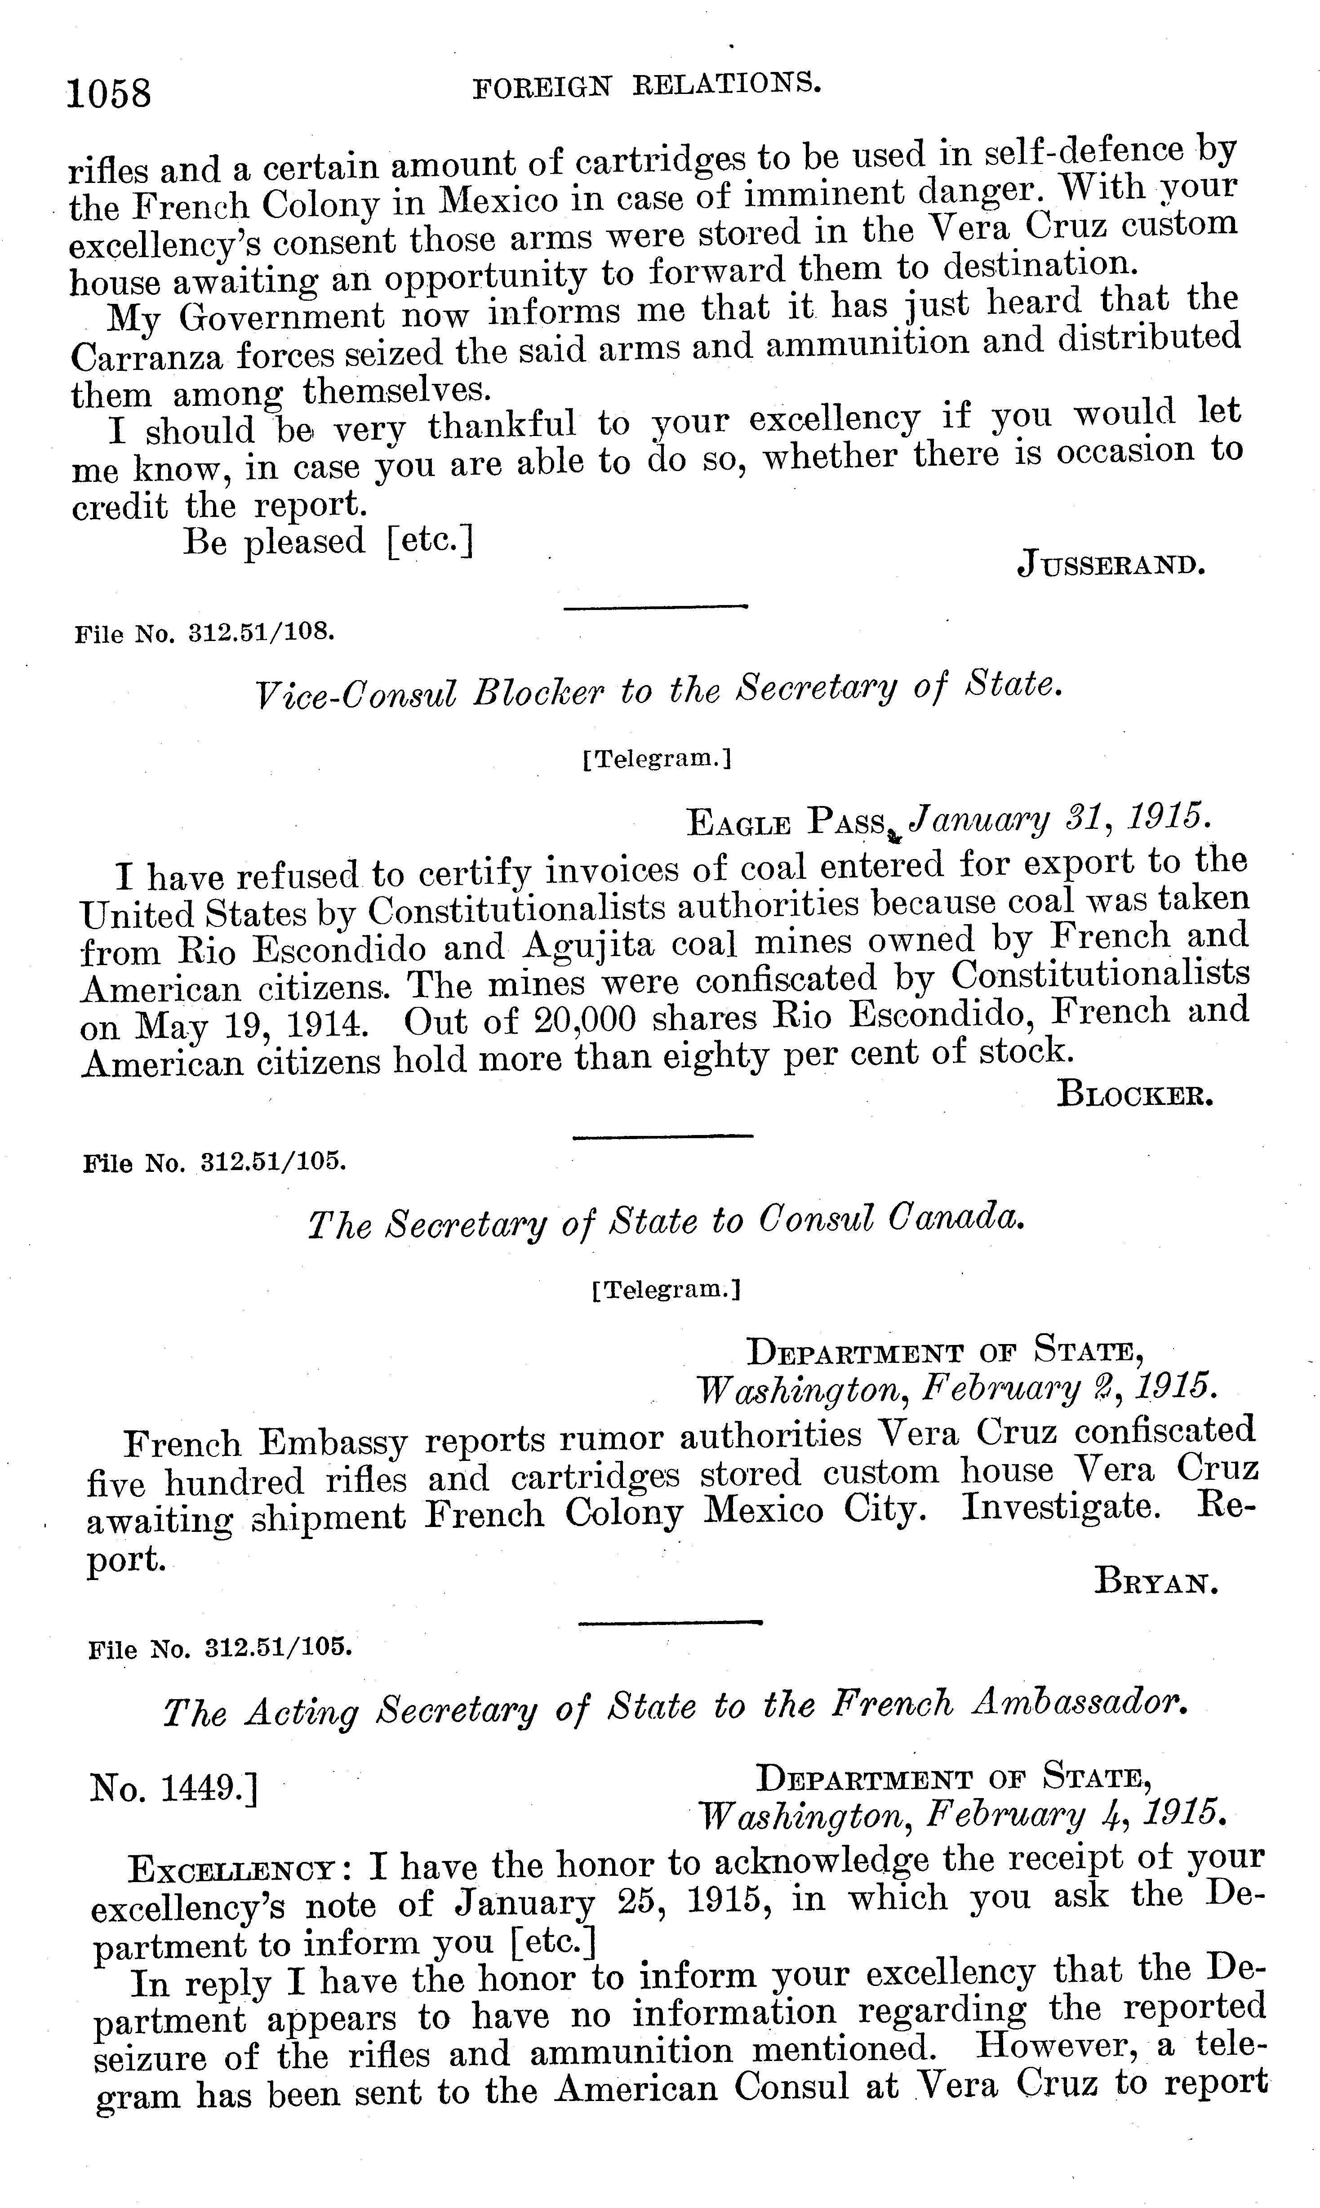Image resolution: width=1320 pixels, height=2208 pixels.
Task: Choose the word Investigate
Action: pos(1060,1507)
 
